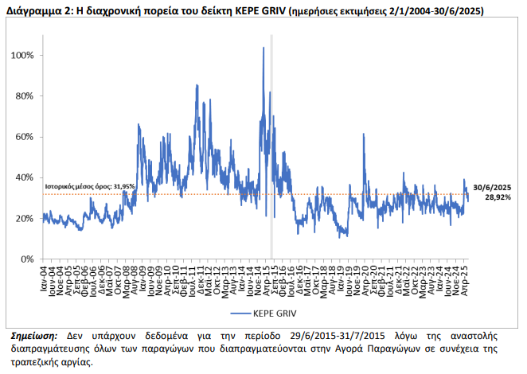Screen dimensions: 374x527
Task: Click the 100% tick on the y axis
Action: [x=23, y=56]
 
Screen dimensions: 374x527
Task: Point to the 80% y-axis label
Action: [x=25, y=96]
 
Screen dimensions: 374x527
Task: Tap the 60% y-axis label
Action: [x=25, y=137]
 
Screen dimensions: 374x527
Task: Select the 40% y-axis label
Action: [x=25, y=177]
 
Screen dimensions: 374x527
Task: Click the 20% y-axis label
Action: [x=25, y=218]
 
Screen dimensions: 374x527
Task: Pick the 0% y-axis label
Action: [x=28, y=259]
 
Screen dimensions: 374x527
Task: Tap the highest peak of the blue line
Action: [x=263, y=49]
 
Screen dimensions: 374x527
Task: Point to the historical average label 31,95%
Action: [x=90, y=185]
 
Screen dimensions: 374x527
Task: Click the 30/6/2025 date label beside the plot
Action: [x=498, y=186]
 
